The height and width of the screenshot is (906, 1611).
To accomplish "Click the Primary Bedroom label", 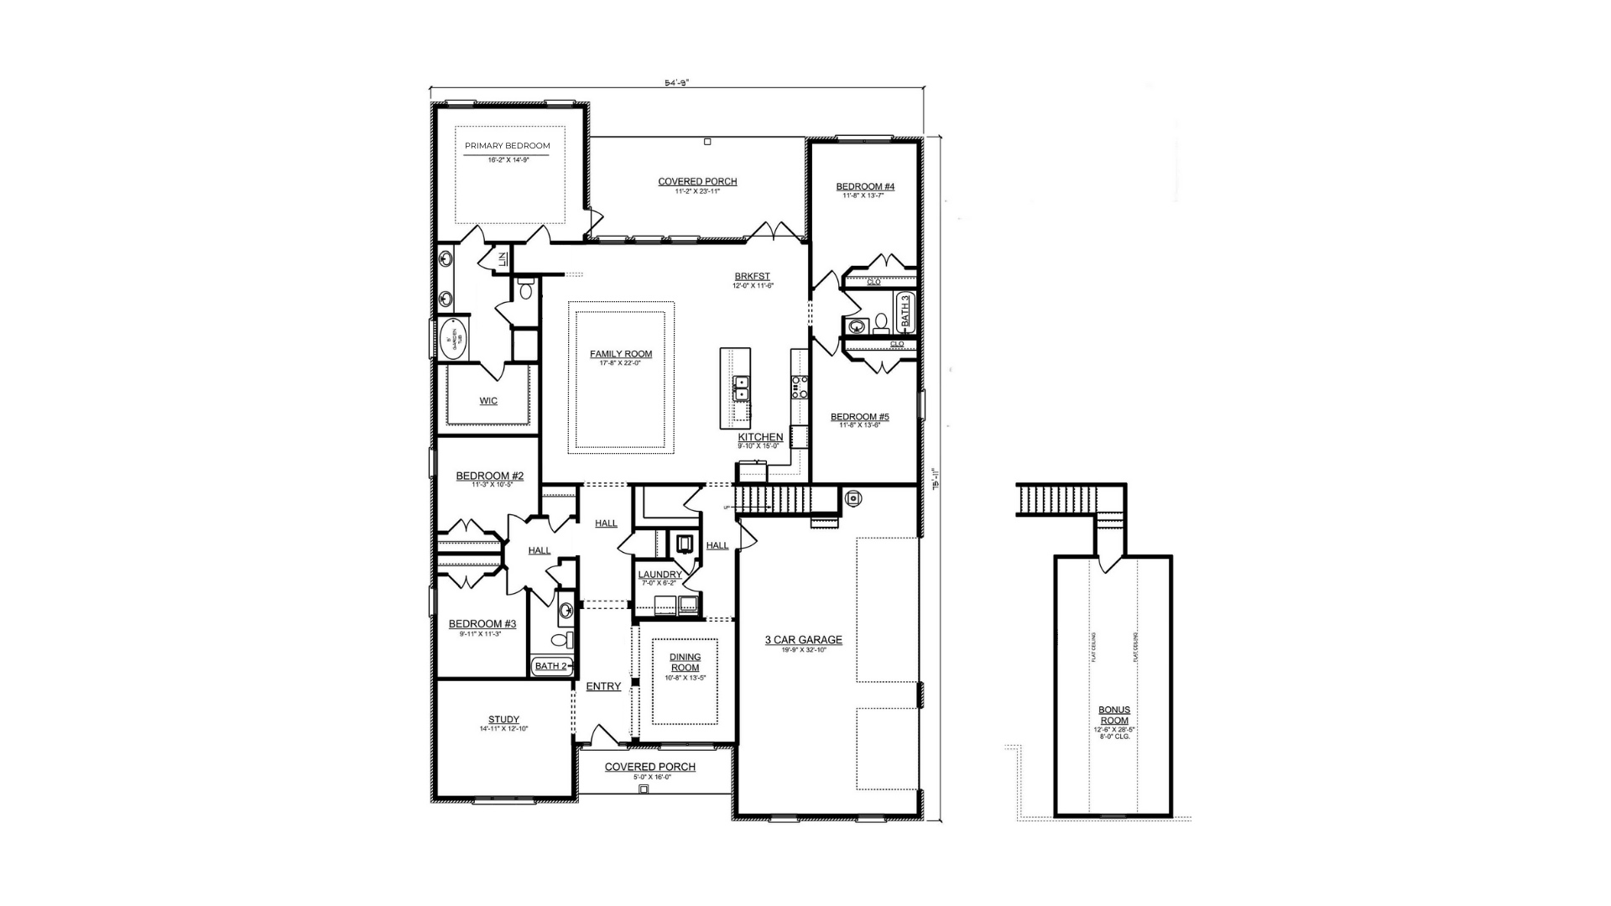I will pyautogui.click(x=507, y=146).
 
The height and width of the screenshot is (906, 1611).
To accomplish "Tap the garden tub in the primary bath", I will pyautogui.click(x=453, y=340).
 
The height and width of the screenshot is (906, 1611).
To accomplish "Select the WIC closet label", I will pyautogui.click(x=488, y=401).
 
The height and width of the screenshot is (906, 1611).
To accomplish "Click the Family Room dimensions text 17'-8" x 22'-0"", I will pyautogui.click(x=621, y=363).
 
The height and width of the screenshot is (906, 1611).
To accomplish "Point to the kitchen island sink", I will pyautogui.click(x=742, y=388).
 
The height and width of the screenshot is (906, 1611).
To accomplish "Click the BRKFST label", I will pyautogui.click(x=752, y=277).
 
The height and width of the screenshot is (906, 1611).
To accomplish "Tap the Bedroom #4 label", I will pyautogui.click(x=865, y=186).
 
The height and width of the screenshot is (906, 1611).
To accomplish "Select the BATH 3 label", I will pyautogui.click(x=905, y=310).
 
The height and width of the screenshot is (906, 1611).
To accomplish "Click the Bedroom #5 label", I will pyautogui.click(x=859, y=417).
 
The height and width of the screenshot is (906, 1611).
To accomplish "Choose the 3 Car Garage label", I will pyautogui.click(x=803, y=640).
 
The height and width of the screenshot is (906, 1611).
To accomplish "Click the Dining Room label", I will pyautogui.click(x=685, y=663).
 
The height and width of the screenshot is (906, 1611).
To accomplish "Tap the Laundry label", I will pyautogui.click(x=660, y=575).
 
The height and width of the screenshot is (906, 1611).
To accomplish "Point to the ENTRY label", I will pyautogui.click(x=603, y=686).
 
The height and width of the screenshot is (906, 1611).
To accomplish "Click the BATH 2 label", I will pyautogui.click(x=552, y=666).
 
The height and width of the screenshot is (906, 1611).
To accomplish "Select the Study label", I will pyautogui.click(x=503, y=720).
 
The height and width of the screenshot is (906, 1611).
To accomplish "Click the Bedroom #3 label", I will pyautogui.click(x=482, y=624).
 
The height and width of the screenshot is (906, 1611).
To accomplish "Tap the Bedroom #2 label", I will pyautogui.click(x=489, y=476).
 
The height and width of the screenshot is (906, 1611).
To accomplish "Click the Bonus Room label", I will pyautogui.click(x=1114, y=715).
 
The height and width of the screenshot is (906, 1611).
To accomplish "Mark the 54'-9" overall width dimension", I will pyautogui.click(x=676, y=83).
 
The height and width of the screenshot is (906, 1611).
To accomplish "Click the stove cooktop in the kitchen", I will pyautogui.click(x=800, y=387).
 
